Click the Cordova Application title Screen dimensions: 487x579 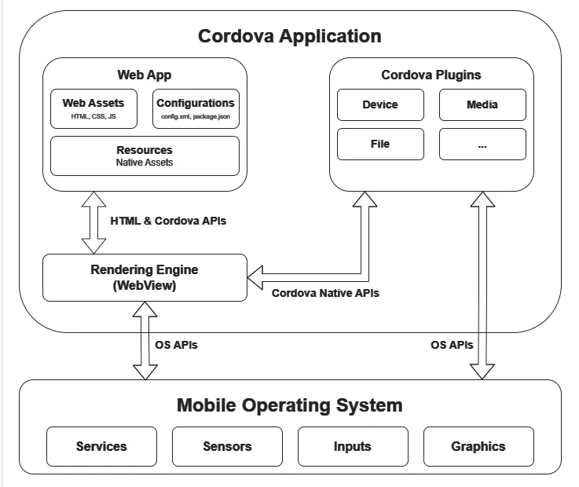tap(289, 36)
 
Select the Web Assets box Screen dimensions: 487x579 tap(93, 108)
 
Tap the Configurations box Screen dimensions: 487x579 tap(196, 108)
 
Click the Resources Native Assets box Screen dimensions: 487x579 tap(145, 156)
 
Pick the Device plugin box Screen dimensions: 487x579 tap(380, 104)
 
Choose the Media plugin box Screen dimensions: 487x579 tap(482, 104)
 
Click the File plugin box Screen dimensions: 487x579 tap(380, 144)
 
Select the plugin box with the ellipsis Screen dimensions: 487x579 tap(482, 144)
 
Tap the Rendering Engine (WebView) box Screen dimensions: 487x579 tap(145, 277)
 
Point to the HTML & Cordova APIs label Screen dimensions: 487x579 tap(168, 221)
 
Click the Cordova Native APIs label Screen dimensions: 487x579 tap(325, 293)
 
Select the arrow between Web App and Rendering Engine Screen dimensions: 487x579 tap(94, 222)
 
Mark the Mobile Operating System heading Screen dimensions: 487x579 tap(289, 405)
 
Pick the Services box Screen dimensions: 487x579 tap(101, 446)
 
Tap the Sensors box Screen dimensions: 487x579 tap(227, 446)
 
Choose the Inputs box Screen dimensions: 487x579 tap(353, 446)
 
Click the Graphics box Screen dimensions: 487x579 tap(478, 446)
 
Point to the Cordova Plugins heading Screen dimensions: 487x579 tap(431, 75)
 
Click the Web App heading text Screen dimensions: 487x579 tap(145, 75)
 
